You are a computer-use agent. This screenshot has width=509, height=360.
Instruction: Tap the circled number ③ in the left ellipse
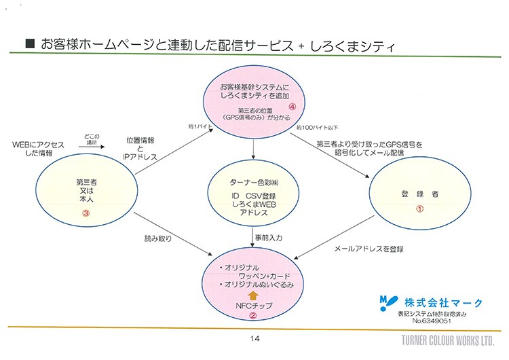[86, 211]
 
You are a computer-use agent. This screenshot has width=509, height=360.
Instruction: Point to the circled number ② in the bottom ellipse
[252, 316]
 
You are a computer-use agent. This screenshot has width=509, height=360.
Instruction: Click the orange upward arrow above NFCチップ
[252, 295]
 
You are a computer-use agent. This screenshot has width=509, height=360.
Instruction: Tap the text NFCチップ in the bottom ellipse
[252, 306]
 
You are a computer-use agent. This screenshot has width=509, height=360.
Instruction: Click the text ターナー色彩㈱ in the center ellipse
[254, 183]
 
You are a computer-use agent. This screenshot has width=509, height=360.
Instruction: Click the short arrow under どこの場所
[92, 145]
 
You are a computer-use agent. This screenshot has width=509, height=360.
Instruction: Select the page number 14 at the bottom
[255, 338]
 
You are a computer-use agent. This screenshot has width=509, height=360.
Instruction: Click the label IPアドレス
[140, 157]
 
